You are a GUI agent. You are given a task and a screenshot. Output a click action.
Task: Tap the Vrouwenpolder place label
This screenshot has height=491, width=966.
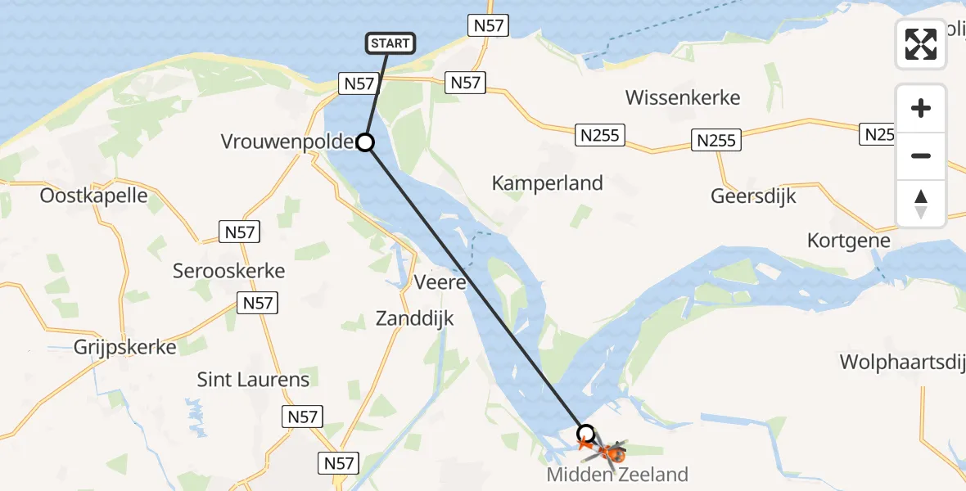(x=287, y=142)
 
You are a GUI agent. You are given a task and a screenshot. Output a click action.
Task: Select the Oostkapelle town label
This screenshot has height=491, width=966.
(x=93, y=196)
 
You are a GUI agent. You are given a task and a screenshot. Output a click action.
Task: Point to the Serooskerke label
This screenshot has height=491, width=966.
(x=228, y=270)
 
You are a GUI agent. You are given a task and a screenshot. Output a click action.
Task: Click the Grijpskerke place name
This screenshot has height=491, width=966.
(x=124, y=347)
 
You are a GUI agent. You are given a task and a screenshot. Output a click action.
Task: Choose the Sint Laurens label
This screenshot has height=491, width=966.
(x=253, y=380)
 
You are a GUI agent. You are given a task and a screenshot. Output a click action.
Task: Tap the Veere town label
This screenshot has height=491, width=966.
(x=440, y=283)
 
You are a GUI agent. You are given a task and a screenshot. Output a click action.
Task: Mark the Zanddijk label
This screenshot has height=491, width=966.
(x=414, y=318)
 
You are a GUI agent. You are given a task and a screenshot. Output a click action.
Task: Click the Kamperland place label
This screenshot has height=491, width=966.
(x=547, y=183)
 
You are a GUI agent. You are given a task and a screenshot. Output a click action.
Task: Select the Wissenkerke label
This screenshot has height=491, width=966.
(x=683, y=98)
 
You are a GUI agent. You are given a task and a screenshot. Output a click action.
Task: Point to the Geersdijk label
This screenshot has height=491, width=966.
(x=753, y=197)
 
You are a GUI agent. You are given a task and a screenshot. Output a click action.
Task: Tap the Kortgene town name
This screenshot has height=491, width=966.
(x=848, y=241)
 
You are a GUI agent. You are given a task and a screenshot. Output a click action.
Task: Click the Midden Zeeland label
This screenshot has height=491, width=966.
(x=618, y=474)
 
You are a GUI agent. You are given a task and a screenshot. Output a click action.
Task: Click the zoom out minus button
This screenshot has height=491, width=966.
(x=921, y=155)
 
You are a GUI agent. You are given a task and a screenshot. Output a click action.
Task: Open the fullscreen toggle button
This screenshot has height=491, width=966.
(x=921, y=44)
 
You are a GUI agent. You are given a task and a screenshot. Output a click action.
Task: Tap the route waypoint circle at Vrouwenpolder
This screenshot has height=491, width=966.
(x=365, y=143)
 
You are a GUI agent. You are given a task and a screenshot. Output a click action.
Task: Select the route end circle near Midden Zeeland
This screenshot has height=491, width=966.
(x=585, y=433)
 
